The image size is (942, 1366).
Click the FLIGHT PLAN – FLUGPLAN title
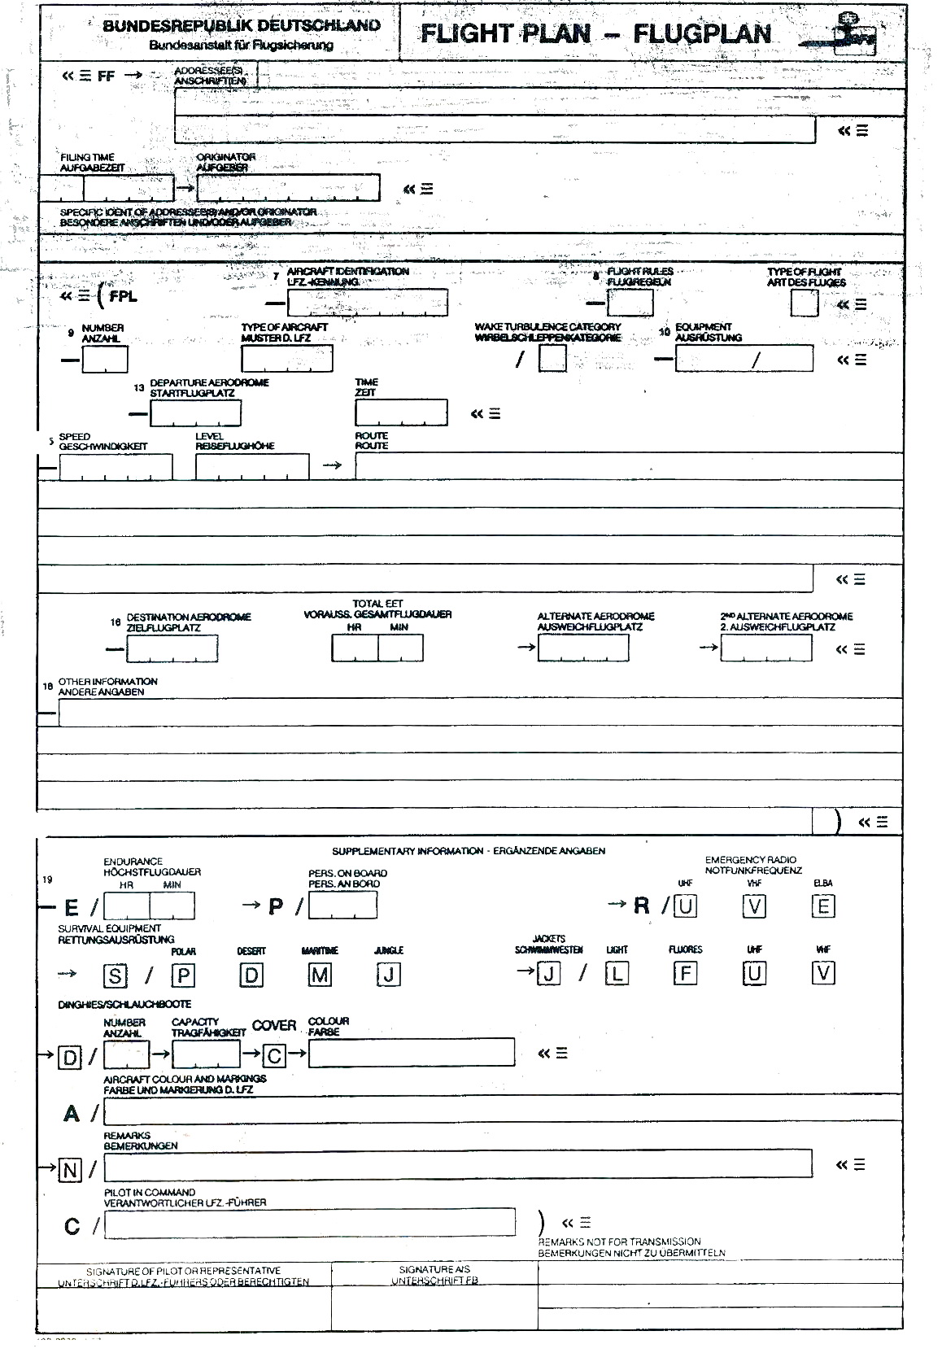point(595,33)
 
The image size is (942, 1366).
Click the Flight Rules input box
point(630,303)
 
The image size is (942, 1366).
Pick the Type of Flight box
point(804,303)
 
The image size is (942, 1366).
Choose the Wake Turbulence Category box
point(552,358)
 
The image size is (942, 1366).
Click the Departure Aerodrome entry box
point(195,413)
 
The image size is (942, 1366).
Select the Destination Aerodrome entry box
point(172,648)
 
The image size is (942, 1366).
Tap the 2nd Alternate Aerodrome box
point(765,648)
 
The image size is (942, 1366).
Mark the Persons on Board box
point(342,906)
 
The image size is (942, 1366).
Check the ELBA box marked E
point(823,906)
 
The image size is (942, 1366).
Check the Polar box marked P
point(183,975)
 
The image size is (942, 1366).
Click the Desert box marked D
point(251,975)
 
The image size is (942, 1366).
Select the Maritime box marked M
point(320,975)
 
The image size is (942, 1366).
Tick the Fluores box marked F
point(686,973)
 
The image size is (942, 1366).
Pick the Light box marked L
point(617,973)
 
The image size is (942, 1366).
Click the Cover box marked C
point(274,1056)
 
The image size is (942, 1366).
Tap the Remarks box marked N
point(71,1170)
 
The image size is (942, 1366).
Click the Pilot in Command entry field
point(309,1222)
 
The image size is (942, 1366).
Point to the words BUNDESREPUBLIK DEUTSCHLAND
point(242,25)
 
